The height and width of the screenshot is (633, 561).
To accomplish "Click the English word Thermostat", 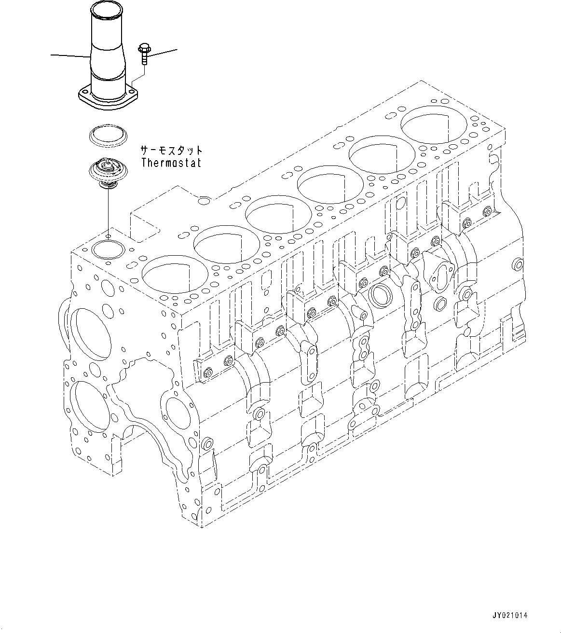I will click(x=171, y=163).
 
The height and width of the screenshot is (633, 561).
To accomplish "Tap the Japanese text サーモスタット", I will click(x=171, y=151).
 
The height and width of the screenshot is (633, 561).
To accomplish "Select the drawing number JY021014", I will click(x=510, y=615).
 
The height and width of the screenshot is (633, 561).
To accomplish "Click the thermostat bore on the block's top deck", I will click(x=108, y=249).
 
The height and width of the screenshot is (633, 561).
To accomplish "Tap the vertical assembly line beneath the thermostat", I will click(x=108, y=212).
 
